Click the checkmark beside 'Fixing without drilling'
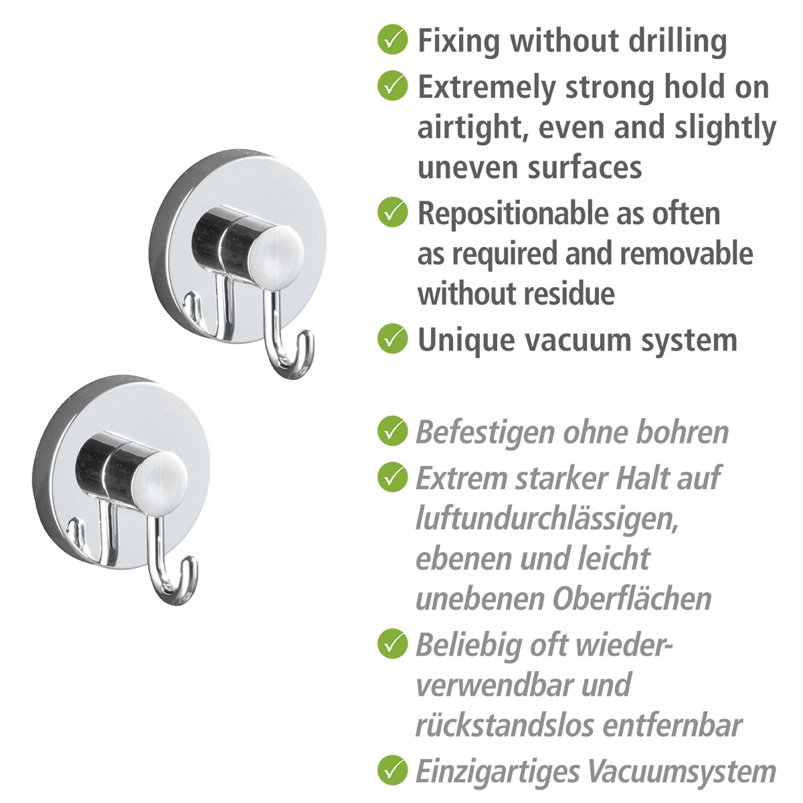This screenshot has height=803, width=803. coord(393,40)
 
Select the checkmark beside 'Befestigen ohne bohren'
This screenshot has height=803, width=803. coord(393,431)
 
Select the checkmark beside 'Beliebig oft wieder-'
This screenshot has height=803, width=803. coord(393,644)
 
